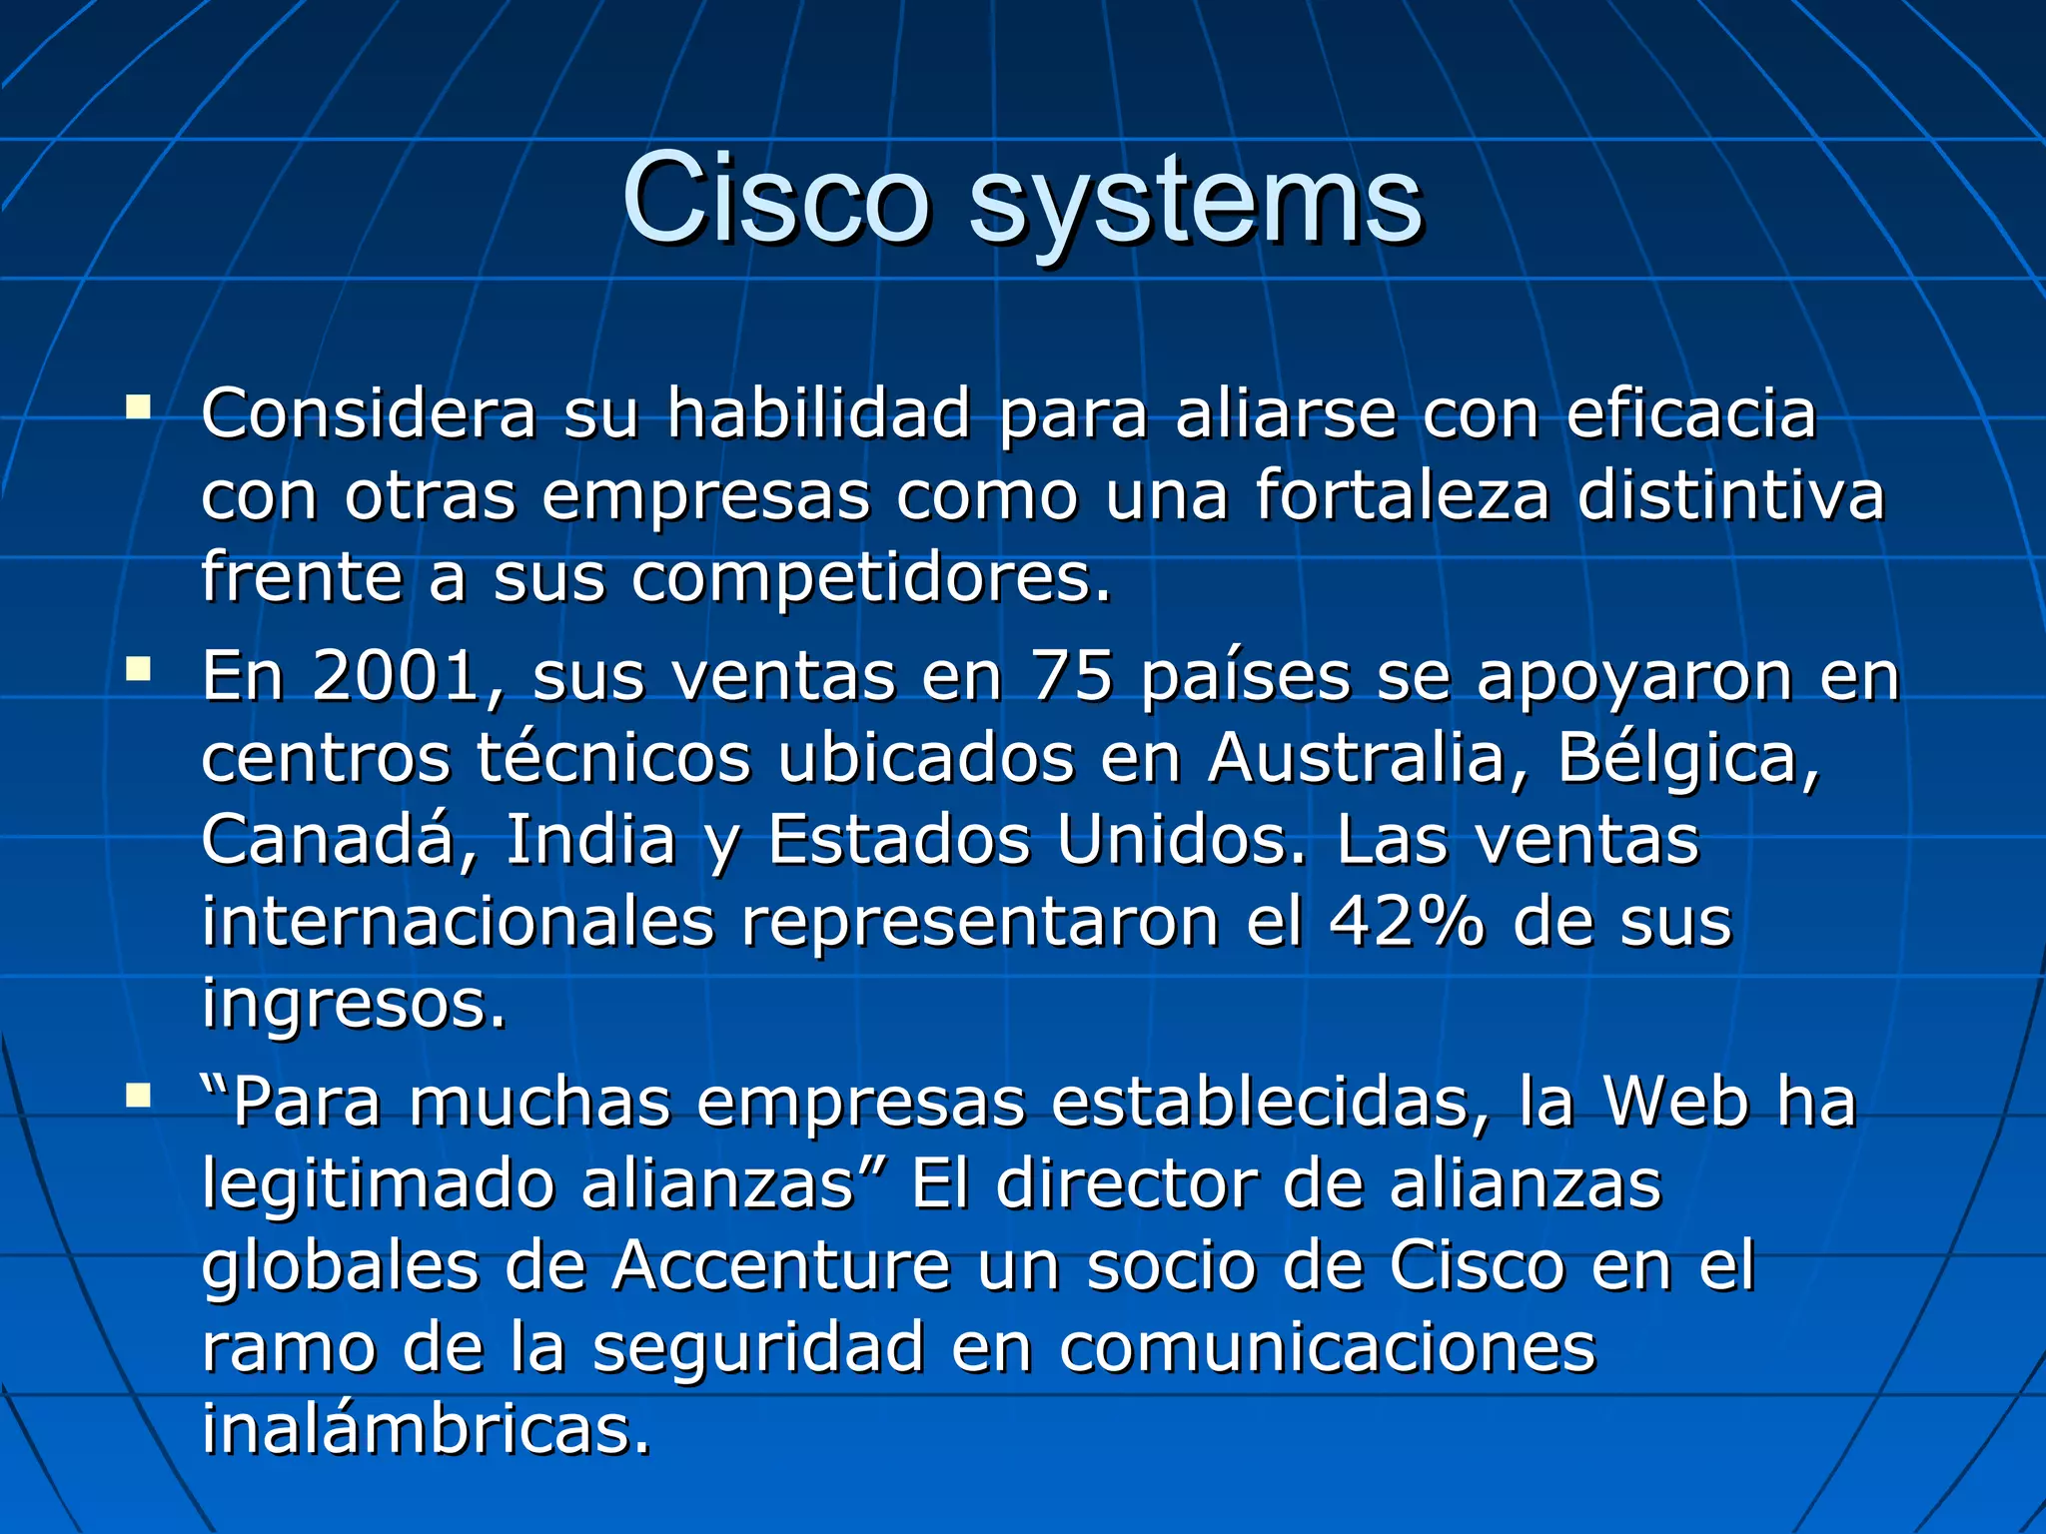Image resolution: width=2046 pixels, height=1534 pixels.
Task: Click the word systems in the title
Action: pyautogui.click(x=1195, y=204)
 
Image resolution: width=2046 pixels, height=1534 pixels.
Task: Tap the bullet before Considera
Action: pyautogui.click(x=138, y=407)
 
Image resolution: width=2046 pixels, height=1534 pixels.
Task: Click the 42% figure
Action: pyautogui.click(x=1407, y=921)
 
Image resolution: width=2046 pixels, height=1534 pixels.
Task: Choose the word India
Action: pyautogui.click(x=590, y=840)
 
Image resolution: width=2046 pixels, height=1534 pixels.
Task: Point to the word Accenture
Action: pyautogui.click(x=781, y=1265)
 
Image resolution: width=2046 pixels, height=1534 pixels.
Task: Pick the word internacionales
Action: pyautogui.click(x=459, y=921)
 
